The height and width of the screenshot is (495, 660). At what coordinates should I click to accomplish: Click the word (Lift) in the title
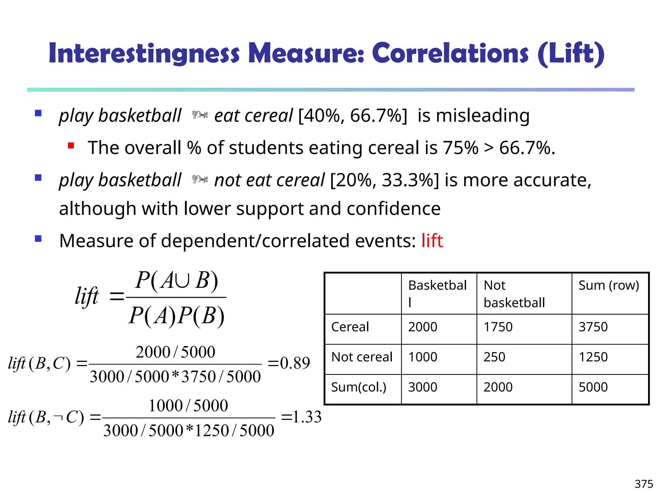[x=571, y=53]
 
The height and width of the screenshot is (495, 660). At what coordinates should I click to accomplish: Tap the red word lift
[x=432, y=241]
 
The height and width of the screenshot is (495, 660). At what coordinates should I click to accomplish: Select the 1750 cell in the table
[x=498, y=327]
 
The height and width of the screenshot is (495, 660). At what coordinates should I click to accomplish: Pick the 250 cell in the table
[x=494, y=357]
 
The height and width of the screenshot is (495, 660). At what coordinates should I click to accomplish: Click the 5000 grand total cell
[x=593, y=387]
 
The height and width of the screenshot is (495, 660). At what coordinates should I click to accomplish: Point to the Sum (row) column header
[x=608, y=286]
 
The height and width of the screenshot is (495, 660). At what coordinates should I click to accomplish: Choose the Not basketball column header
[x=514, y=294]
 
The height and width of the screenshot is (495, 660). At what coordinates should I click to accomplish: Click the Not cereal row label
[x=362, y=357]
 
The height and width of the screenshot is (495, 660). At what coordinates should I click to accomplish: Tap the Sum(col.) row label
[x=358, y=387]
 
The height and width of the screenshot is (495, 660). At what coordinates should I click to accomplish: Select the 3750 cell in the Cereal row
[x=593, y=327]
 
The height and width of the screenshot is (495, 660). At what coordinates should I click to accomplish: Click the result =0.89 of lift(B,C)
[x=289, y=363]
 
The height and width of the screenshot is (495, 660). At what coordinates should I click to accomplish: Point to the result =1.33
[x=301, y=417]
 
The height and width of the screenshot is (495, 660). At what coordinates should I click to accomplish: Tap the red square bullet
[x=71, y=146]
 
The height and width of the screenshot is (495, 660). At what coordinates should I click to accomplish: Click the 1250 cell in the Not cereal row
[x=593, y=357]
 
